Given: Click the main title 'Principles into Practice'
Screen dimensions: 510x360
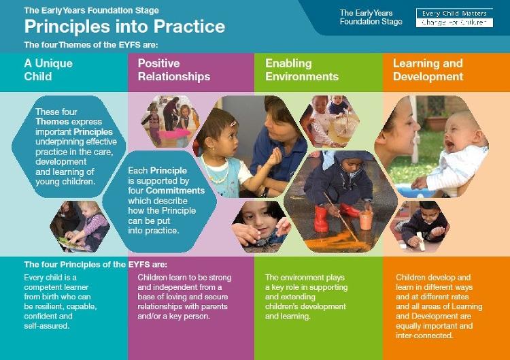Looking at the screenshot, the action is (124, 27).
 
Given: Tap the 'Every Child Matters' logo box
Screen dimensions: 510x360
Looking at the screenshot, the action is (454, 18).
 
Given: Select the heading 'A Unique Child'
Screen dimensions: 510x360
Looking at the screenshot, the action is (48, 69).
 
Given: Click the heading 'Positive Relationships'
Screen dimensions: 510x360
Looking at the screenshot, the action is (174, 69).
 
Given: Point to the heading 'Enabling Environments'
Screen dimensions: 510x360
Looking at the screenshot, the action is (302, 69).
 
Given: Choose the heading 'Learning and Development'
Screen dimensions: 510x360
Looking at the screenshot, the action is (428, 69).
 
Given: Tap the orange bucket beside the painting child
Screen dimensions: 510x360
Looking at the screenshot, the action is (366, 219).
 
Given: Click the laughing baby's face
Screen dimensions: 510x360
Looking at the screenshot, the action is (458, 133).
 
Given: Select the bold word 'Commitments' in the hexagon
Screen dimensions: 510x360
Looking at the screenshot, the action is (175, 191).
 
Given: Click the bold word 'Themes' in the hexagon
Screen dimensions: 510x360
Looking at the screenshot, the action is (52, 121).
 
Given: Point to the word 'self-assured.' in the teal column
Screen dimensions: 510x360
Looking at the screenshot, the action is (47, 326).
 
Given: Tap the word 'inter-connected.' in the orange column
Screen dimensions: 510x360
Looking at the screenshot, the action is (424, 336).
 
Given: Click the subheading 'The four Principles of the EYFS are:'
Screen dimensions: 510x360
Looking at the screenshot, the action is (96, 264).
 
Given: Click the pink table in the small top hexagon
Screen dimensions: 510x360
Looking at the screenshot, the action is (174, 134).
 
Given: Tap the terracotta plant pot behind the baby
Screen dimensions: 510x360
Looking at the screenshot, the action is (436, 124).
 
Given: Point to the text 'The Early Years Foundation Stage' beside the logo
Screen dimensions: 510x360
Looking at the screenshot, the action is (371, 17).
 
